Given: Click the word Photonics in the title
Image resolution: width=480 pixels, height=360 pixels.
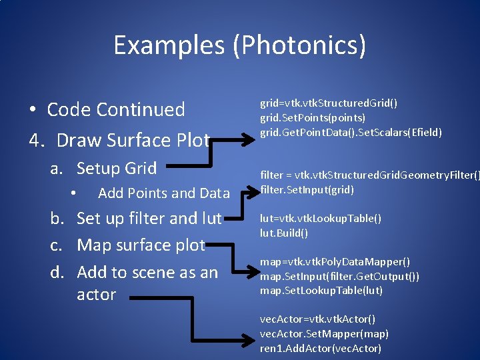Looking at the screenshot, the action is [x=303, y=45].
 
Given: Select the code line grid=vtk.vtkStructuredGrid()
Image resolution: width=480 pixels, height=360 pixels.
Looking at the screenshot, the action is [x=329, y=103].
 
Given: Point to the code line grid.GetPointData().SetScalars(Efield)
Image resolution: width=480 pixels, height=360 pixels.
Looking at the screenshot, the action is [x=351, y=132].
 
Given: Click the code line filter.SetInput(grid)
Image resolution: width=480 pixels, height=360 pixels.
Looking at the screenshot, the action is [x=307, y=189].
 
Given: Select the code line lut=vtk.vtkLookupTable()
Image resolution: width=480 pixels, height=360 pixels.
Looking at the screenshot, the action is [x=321, y=219].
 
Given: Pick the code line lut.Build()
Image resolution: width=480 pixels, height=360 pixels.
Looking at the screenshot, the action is [x=284, y=233].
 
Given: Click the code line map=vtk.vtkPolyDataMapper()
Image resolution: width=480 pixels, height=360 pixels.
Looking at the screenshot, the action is [x=335, y=261].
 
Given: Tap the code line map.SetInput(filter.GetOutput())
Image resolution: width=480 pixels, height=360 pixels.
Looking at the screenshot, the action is [x=340, y=276].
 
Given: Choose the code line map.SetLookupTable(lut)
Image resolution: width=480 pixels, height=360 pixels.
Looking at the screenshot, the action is [x=321, y=291].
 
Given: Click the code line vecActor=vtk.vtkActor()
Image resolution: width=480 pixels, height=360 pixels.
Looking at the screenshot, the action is [x=318, y=319].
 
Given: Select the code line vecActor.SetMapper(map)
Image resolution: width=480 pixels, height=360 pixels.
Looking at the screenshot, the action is [x=324, y=333].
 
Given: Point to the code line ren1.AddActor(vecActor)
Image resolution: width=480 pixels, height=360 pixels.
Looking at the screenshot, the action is [x=321, y=348].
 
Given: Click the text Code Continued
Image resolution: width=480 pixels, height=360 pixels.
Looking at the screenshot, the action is [x=116, y=109].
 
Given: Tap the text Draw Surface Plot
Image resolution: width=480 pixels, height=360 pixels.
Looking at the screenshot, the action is [x=133, y=140].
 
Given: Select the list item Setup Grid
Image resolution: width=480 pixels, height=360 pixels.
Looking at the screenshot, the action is [x=117, y=168].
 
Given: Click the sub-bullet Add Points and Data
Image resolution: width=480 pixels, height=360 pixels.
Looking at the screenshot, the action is [x=163, y=193].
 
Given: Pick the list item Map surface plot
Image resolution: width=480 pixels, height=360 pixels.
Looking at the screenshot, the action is [x=141, y=245].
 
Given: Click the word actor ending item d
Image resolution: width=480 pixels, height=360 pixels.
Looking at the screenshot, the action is [x=97, y=295].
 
